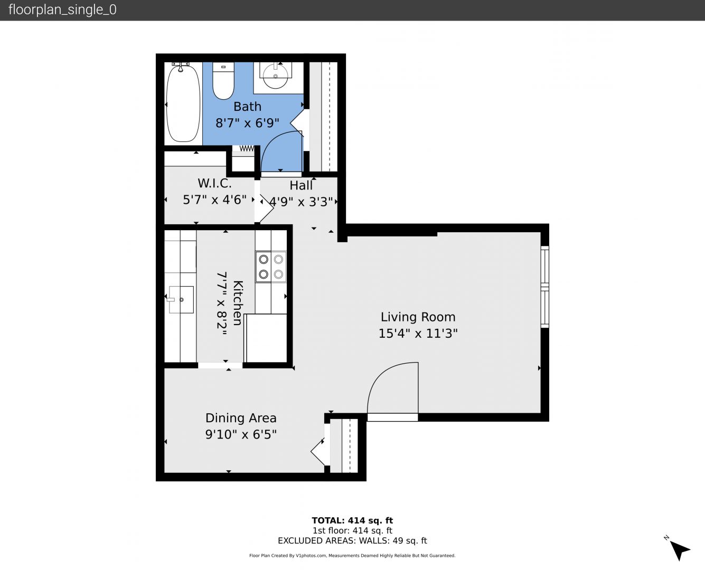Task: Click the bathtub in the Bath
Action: coord(183,103)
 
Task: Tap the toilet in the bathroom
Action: coord(223,81)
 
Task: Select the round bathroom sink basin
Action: coord(275,77)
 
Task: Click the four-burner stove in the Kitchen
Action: coord(271,267)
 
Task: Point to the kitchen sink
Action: coord(181,300)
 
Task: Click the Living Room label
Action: coord(418,317)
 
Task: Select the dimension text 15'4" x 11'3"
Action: coord(418,333)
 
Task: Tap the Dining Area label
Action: coord(241,418)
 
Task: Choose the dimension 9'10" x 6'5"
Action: coord(241,434)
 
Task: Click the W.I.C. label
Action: coord(214,183)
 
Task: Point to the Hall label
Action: coord(301,185)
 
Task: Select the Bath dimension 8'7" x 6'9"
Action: coord(247,123)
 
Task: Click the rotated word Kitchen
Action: coord(238,303)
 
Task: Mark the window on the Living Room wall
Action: coord(545,287)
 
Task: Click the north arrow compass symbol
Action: coord(679,549)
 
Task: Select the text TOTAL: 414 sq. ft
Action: coord(352,521)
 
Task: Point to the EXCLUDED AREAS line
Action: coord(352,540)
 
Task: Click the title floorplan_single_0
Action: coord(62,10)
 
